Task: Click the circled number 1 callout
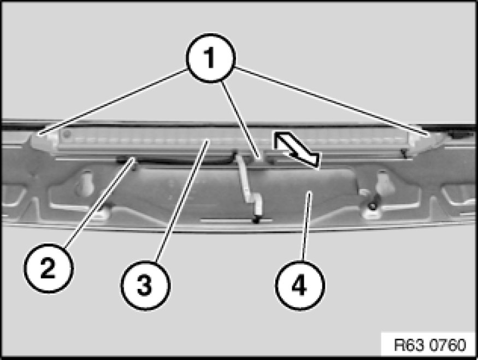tap(211, 58)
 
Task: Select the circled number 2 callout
tap(49, 268)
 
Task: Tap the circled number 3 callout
tap(146, 286)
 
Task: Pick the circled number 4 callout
tap(300, 286)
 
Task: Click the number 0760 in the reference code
tap(448, 345)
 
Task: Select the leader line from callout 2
tap(99, 203)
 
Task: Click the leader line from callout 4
tap(306, 226)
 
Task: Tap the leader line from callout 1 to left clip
tap(112, 102)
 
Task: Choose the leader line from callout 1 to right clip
tap(332, 101)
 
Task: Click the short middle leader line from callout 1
tap(240, 120)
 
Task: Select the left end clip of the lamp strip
tap(43, 140)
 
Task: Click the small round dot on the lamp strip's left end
tap(67, 134)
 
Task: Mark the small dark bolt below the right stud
tap(371, 206)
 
